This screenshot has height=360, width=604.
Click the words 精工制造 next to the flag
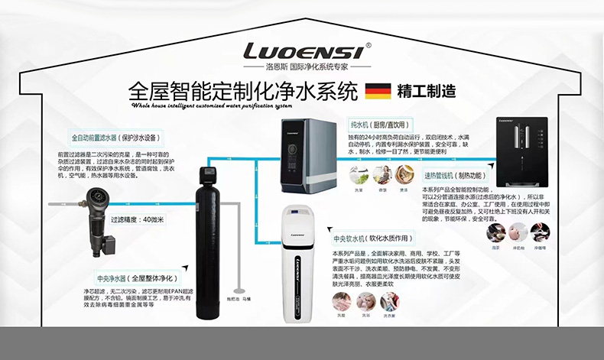point(427,91)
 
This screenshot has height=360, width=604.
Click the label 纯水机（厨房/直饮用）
point(380,125)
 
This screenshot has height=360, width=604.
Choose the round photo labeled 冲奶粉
point(518,232)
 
